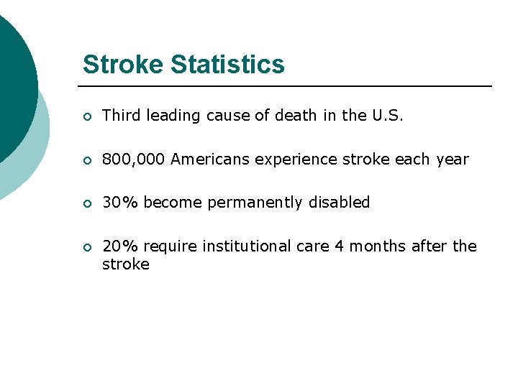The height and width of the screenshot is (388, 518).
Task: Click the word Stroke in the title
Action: [x=124, y=65]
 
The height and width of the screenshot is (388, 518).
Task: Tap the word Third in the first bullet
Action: [x=122, y=116]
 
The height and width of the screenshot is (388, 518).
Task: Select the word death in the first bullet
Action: [x=295, y=116]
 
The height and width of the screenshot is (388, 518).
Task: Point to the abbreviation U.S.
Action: [x=387, y=116]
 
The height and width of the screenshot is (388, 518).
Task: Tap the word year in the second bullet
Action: [x=453, y=160]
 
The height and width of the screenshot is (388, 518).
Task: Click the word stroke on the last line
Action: [x=125, y=264]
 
